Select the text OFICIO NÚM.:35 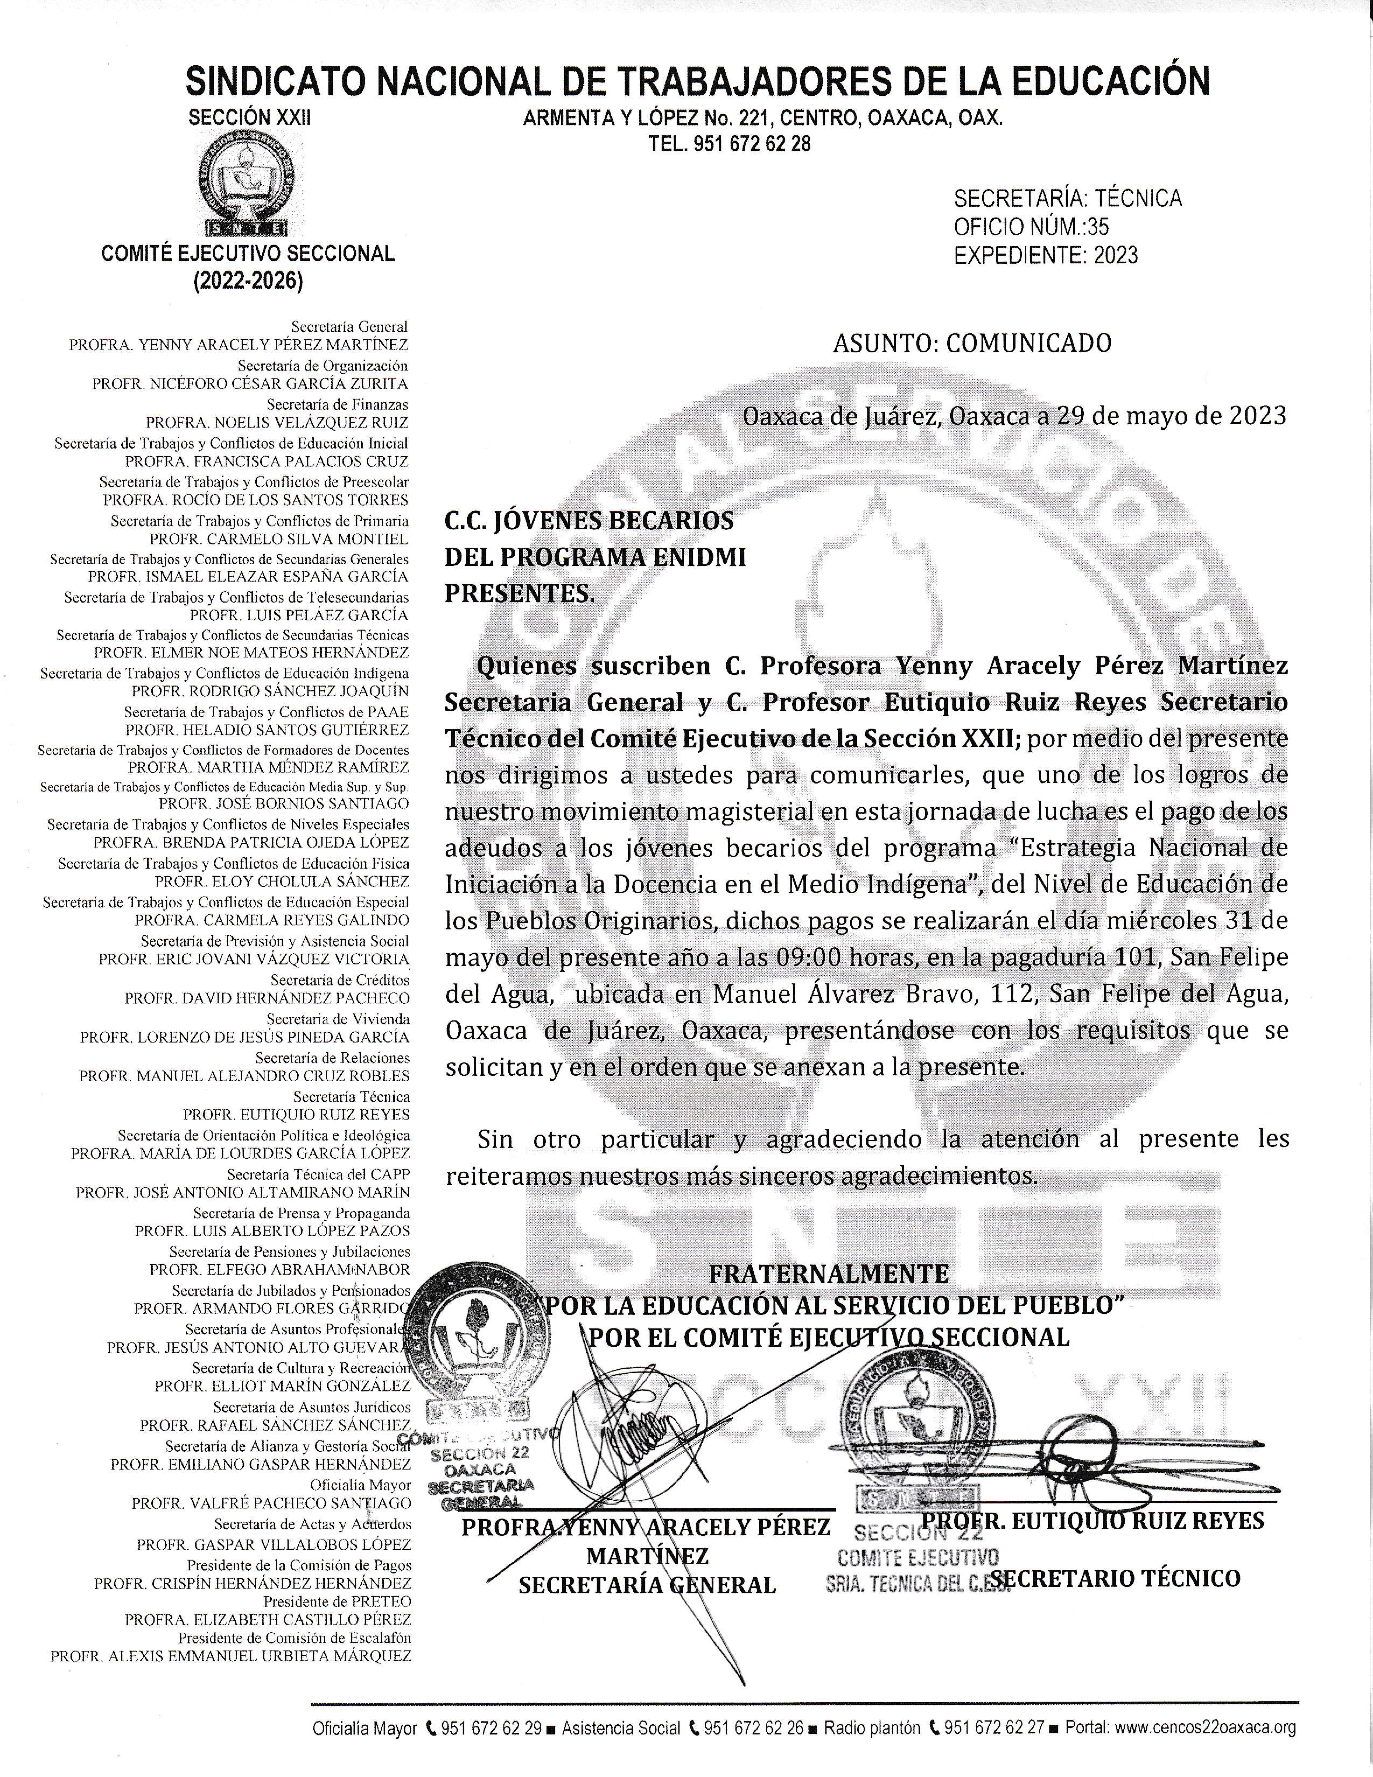click(x=1031, y=227)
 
